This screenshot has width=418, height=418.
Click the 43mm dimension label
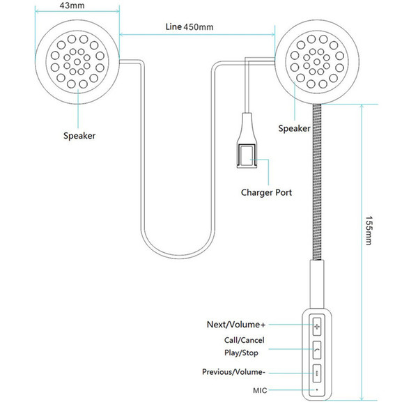(72, 6)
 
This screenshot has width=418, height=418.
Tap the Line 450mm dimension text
(189, 27)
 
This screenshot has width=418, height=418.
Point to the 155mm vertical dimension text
(369, 231)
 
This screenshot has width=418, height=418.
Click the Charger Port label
(266, 192)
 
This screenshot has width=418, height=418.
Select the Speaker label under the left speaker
(79, 136)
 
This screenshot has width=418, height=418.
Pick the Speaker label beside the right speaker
(294, 128)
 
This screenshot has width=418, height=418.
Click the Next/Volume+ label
(236, 325)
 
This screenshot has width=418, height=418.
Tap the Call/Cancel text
(245, 340)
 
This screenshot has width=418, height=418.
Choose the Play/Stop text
(241, 353)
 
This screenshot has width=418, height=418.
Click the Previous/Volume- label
(233, 372)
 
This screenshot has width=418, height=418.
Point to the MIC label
(260, 391)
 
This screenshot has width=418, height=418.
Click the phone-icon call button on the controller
(317, 350)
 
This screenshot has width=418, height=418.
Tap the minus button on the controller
(317, 373)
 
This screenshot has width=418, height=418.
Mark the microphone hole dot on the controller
(317, 389)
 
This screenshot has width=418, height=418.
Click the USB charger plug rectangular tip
(247, 156)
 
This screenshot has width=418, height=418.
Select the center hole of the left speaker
(77, 62)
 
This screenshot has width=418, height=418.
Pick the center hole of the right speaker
(317, 62)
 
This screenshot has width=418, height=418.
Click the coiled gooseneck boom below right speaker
(317, 182)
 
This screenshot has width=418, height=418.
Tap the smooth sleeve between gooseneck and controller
(317, 284)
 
